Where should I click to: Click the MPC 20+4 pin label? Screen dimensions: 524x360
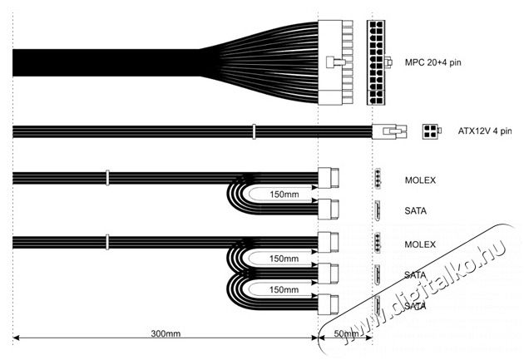tap(433, 62)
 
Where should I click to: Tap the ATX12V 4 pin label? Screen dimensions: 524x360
tap(485, 131)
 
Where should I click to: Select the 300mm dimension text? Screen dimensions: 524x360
tap(166, 333)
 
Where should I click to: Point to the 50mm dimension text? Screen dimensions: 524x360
tap(346, 333)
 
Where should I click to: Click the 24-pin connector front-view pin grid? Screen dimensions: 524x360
tap(376, 62)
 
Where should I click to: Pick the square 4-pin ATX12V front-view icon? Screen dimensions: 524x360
tap(431, 131)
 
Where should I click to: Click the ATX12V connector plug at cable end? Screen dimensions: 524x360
tap(389, 131)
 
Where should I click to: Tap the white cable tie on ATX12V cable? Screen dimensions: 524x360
tap(254, 131)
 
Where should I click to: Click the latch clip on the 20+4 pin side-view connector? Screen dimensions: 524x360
tap(335, 62)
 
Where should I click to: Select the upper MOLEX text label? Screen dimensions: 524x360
tap(420, 180)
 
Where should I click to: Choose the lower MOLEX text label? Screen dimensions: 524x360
tap(420, 244)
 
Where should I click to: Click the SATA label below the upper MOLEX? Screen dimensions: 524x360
tap(415, 211)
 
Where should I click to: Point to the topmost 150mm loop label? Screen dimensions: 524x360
tap(284, 195)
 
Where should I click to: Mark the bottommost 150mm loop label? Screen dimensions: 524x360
tap(284, 289)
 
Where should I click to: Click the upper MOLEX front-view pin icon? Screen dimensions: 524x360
tap(378, 179)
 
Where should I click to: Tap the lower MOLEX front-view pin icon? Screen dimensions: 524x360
tap(378, 243)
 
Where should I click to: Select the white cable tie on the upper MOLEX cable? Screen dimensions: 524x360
tap(107, 178)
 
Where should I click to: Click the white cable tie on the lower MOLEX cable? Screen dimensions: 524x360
tap(107, 242)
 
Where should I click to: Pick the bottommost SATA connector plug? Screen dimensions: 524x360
tap(328, 304)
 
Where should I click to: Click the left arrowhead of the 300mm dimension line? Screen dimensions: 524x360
tap(16, 338)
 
